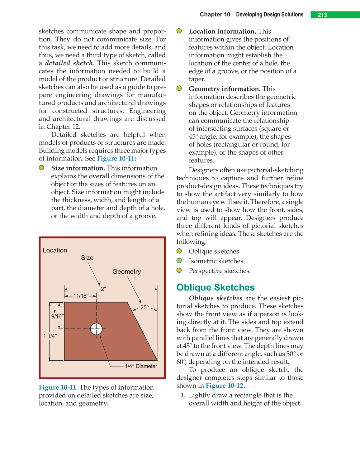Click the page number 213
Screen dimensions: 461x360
tap(322, 15)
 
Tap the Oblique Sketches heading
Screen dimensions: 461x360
tap(216, 287)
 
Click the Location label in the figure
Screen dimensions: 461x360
tap(55, 250)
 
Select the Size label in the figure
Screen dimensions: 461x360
tap(87, 258)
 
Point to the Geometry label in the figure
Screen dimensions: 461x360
tap(126, 271)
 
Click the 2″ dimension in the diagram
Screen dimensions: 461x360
tap(103, 289)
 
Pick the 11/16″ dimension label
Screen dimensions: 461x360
tap(81, 296)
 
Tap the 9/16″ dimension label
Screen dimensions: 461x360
tap(57, 316)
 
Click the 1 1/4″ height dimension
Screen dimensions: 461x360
tap(50, 336)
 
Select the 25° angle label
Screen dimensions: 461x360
tap(144, 307)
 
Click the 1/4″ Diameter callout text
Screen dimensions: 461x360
tap(141, 366)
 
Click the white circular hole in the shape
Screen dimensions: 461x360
tap(97, 329)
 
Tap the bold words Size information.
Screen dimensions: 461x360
tap(78, 168)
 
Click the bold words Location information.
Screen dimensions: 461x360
tap(222, 31)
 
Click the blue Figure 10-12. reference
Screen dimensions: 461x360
tap(225, 386)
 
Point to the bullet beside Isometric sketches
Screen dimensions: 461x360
tap(179, 261)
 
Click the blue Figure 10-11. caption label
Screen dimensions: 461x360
tap(58, 387)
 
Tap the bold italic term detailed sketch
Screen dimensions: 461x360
tap(69, 63)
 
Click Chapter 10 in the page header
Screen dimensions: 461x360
tap(215, 15)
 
